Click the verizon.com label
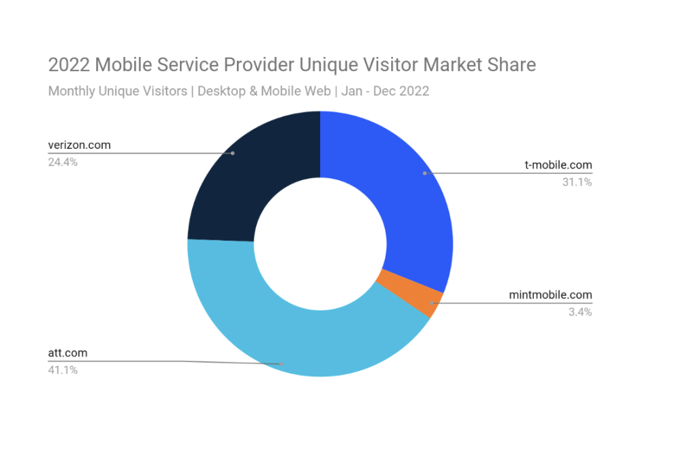pyautogui.click(x=79, y=145)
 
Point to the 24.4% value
pyautogui.click(x=62, y=162)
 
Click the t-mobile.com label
pyautogui.click(x=558, y=164)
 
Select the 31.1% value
pyautogui.click(x=578, y=181)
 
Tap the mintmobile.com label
pyautogui.click(x=550, y=294)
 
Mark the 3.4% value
pyautogui.click(x=581, y=312)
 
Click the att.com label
pyautogui.click(x=67, y=353)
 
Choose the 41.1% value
pyautogui.click(x=62, y=370)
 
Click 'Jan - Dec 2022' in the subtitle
pyautogui.click(x=385, y=91)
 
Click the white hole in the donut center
pyautogui.click(x=320, y=244)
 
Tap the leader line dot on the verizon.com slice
pyautogui.click(x=233, y=153)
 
